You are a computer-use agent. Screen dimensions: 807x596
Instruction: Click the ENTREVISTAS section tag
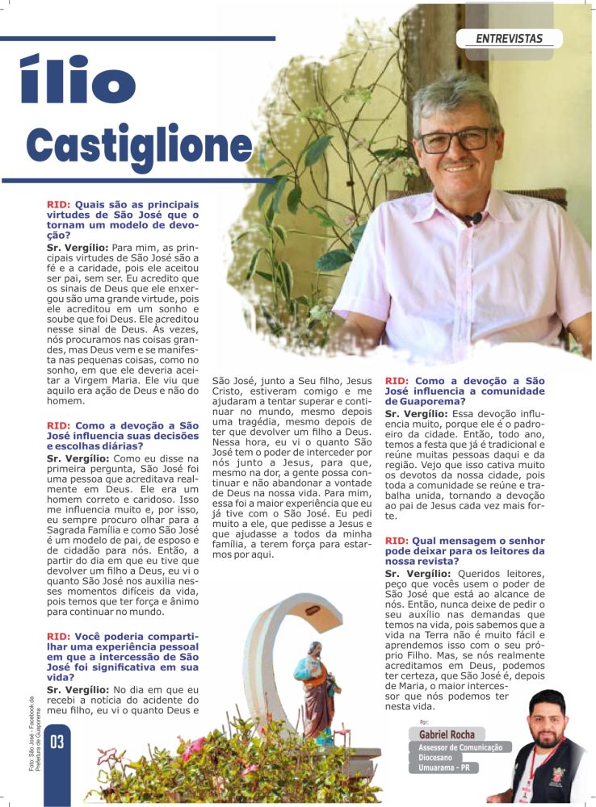tap(509, 38)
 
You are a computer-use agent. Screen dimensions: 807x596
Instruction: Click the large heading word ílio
tap(78, 81)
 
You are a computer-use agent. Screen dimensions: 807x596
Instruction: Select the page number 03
tap(57, 742)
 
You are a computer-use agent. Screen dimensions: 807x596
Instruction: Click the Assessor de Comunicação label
tap(460, 747)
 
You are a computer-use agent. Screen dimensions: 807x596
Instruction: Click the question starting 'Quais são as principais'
tap(122, 220)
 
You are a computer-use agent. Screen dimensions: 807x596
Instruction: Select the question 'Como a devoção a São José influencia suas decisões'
tap(122, 435)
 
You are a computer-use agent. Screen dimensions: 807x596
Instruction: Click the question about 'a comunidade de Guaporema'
tap(464, 390)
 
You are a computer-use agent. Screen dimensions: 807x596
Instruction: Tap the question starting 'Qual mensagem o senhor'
tap(464, 550)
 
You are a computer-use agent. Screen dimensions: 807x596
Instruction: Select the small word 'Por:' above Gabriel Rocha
tap(425, 721)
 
